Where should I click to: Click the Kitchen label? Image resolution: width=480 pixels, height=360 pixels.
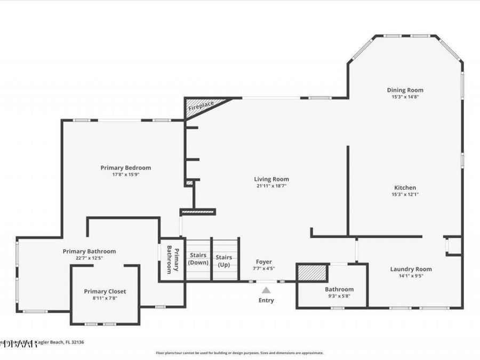click(405, 188)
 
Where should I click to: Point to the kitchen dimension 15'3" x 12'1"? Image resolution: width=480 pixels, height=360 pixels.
click(405, 195)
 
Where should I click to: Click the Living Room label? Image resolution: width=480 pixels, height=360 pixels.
click(271, 179)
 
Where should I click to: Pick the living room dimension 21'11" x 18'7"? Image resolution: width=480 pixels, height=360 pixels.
click(271, 186)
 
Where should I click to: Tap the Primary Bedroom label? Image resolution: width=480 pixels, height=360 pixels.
click(125, 167)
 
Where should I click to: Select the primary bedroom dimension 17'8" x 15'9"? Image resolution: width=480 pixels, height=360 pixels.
click(125, 174)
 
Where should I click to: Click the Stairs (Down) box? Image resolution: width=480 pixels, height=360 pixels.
click(198, 259)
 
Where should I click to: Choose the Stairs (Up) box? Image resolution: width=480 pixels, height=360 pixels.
click(224, 259)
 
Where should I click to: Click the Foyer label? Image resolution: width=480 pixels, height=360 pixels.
click(263, 262)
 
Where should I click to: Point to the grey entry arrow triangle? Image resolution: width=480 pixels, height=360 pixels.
click(266, 290)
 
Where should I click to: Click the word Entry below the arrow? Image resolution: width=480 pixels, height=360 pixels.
click(266, 300)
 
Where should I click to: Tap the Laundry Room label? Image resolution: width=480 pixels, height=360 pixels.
click(411, 269)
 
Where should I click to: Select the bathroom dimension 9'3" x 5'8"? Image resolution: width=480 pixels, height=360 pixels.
click(339, 297)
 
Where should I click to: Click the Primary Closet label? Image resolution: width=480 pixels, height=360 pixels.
click(105, 291)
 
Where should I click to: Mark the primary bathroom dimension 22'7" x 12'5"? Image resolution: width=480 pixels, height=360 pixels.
click(89, 258)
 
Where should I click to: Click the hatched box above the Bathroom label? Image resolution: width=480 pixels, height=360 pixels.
click(311, 273)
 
